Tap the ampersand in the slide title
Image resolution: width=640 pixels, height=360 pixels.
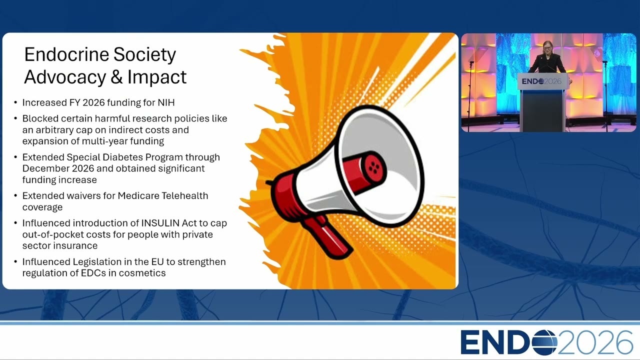pos(116,77)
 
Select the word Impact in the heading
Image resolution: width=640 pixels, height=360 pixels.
pos(157,77)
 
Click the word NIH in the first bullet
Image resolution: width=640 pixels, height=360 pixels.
pos(166,102)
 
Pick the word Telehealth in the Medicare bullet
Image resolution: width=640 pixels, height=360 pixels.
pos(184,195)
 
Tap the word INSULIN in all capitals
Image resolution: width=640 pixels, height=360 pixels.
pos(160,223)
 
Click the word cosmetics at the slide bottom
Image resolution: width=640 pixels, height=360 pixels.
pos(142,273)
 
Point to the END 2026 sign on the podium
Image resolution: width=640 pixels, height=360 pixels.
pos(541,81)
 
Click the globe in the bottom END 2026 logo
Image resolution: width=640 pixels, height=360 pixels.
pos(545,342)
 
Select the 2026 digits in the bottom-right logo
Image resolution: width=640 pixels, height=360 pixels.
pos(595,342)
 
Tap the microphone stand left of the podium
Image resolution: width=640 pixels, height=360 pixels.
pos(470,94)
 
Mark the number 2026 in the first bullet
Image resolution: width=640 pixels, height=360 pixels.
pos(93,102)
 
